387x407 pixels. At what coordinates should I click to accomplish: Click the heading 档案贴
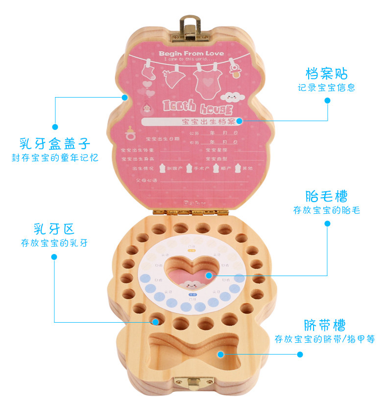[327, 74]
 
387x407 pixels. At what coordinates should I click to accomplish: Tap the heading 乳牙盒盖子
[55, 144]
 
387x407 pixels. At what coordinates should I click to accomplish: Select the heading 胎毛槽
[327, 197]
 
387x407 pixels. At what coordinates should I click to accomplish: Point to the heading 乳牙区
[55, 229]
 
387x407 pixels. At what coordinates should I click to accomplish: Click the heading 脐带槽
[325, 325]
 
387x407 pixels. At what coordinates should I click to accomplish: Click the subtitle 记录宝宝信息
[327, 88]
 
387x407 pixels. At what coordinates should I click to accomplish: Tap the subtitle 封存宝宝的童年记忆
[55, 158]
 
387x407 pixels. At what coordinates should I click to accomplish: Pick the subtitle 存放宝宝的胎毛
[327, 210]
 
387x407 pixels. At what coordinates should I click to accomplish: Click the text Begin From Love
[191, 53]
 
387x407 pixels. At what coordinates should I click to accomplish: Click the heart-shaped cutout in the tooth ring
[190, 272]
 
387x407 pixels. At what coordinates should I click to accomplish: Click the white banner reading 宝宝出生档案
[191, 121]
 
